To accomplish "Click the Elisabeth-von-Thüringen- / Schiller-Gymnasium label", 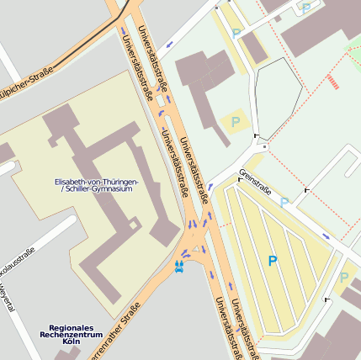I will [x=96, y=185].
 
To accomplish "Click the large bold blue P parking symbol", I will [x=272, y=262].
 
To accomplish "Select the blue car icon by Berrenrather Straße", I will [x=178, y=267].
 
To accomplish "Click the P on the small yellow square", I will [x=235, y=121].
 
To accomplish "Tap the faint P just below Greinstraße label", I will [x=284, y=202].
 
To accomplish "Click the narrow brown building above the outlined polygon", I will [x=254, y=47].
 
